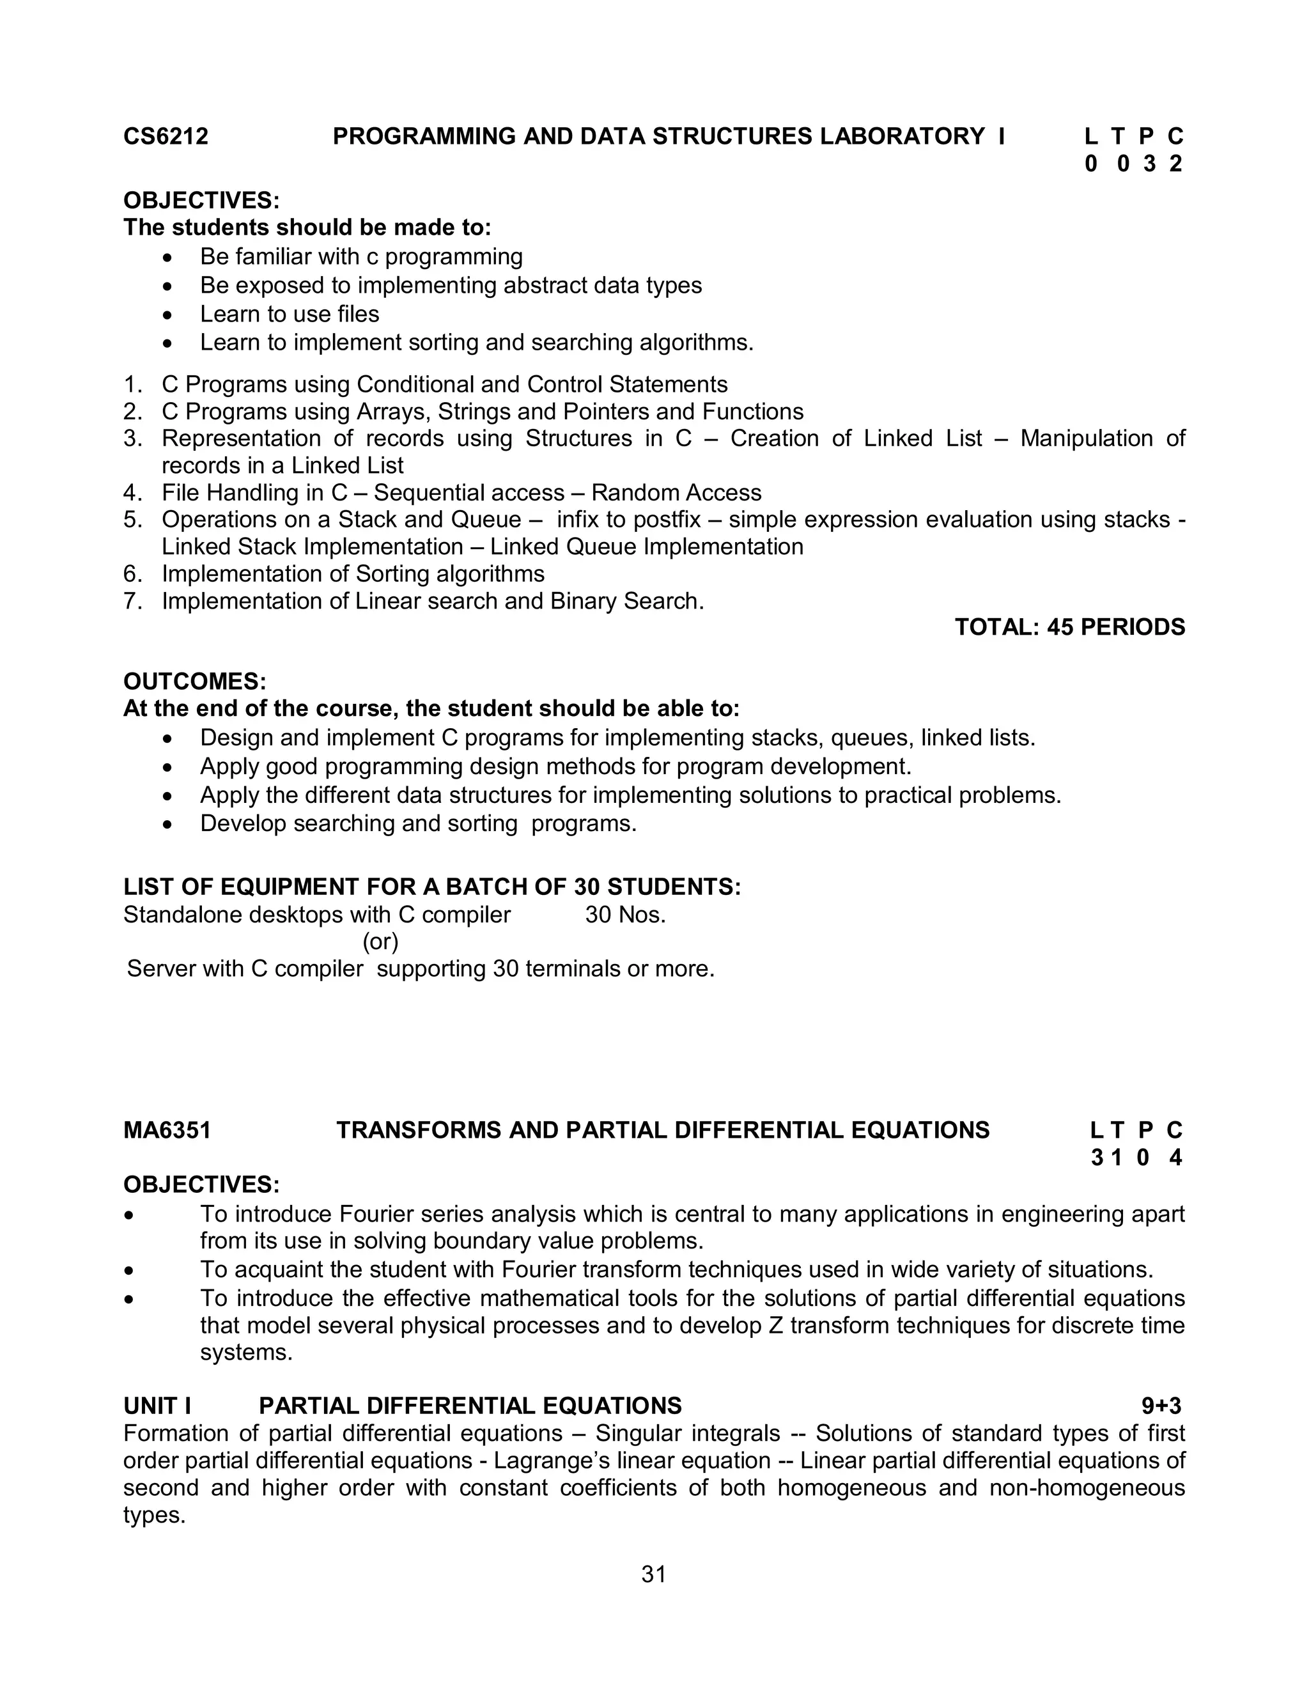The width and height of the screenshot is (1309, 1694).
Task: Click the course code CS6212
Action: click(166, 137)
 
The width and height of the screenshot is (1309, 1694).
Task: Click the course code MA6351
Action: click(167, 1130)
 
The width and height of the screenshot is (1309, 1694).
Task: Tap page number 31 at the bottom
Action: click(654, 1574)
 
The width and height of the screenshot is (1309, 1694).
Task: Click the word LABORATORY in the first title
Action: click(902, 137)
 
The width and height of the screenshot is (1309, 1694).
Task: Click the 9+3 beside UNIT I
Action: click(1161, 1406)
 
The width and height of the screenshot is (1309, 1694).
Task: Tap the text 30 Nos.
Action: click(625, 915)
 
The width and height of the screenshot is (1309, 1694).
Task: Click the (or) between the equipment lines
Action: click(380, 942)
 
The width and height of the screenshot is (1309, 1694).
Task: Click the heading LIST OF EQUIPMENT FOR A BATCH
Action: click(432, 887)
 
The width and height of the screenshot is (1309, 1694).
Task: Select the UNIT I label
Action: click(157, 1406)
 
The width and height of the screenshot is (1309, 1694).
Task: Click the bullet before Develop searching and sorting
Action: click(169, 825)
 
